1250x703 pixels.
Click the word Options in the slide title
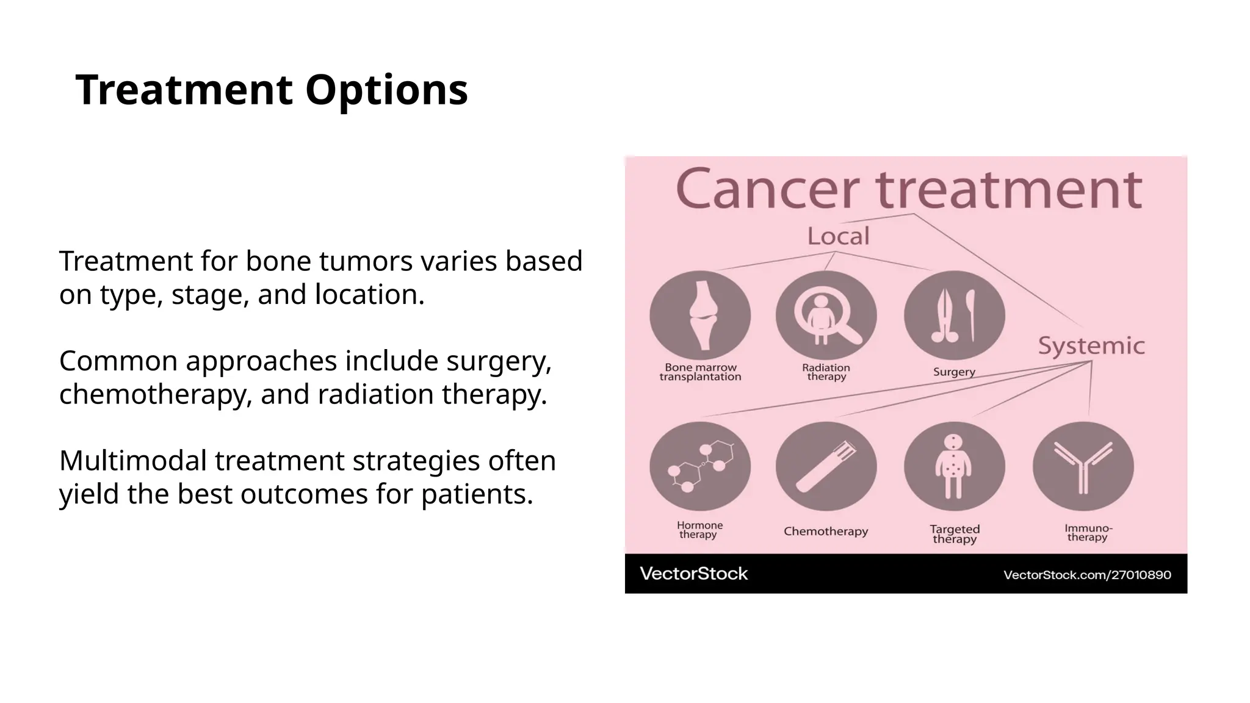click(x=386, y=90)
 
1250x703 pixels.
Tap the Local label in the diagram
click(x=838, y=236)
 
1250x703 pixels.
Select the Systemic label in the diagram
click(x=1091, y=346)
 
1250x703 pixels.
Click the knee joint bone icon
click(x=701, y=315)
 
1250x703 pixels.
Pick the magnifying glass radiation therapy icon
click(x=826, y=315)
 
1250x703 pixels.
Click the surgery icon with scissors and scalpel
click(x=954, y=315)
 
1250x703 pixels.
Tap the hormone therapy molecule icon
click(x=701, y=466)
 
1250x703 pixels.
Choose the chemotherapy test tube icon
click(x=826, y=466)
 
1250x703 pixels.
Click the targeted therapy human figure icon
click(x=954, y=466)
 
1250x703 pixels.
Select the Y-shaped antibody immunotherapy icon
click(x=1083, y=466)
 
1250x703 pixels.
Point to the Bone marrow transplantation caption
click(x=701, y=372)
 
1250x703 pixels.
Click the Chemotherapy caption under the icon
click(x=826, y=532)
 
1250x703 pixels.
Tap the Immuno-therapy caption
click(x=1088, y=533)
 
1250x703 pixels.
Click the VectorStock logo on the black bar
click(x=693, y=574)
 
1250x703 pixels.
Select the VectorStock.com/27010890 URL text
click(x=1087, y=575)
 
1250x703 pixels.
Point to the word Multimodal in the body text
click(x=132, y=461)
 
